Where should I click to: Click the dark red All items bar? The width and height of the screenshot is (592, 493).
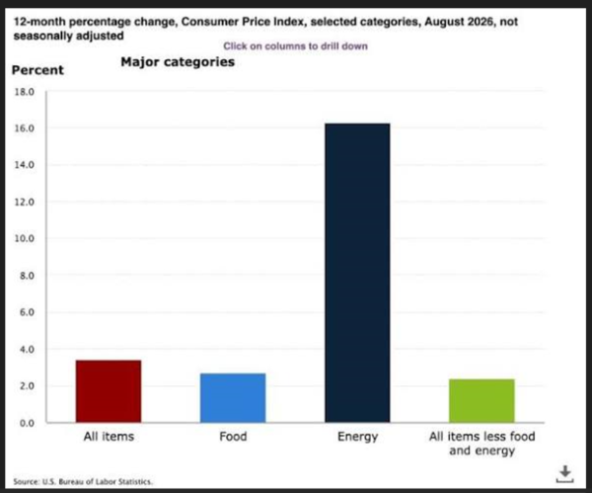coord(109,391)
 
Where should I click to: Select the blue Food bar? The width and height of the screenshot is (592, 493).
coord(233,398)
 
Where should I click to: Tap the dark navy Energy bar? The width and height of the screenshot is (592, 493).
coord(357,273)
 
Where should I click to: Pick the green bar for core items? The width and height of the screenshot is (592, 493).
coord(481,400)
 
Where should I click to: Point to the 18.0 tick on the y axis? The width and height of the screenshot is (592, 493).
coord(24,92)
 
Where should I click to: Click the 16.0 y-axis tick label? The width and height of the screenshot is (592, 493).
coord(24,128)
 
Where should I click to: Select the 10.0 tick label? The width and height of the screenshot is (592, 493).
coord(24,238)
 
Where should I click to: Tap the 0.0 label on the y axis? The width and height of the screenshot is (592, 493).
coord(27,423)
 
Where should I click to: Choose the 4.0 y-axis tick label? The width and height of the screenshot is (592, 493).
coord(27,350)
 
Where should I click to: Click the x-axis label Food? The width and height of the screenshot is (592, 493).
coord(233,437)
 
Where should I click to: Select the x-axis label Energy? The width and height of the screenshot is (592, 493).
coord(357,437)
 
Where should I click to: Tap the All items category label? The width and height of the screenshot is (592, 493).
coord(109,437)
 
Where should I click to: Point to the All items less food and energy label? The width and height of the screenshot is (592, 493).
coord(482,444)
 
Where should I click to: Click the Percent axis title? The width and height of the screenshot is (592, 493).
coord(37,70)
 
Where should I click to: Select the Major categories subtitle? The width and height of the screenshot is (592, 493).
coord(178,62)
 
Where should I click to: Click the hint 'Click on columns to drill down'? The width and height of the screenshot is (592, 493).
coord(295,46)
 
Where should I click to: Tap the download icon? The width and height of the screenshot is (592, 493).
coord(564,474)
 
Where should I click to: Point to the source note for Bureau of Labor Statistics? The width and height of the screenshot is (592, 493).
coord(83,482)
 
